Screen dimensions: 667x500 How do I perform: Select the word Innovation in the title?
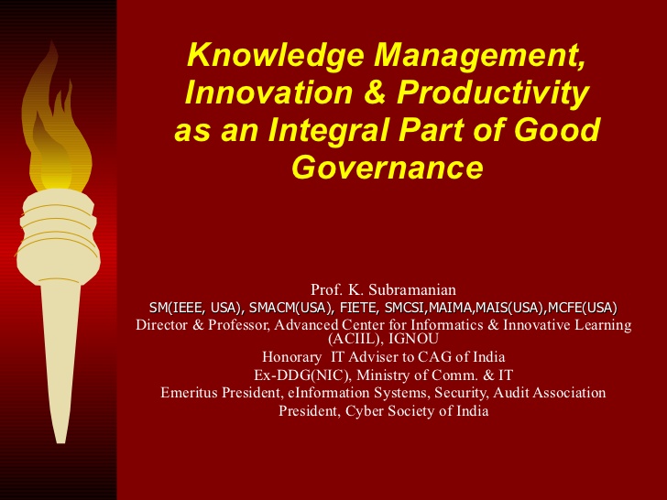point(268,92)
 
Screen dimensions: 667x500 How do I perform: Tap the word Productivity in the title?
point(493,93)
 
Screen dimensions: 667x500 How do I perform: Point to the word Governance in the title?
point(388,167)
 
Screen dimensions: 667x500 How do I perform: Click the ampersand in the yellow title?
point(375,92)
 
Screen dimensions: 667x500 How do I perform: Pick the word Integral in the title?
point(328,131)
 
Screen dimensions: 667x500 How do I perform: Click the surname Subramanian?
point(412,289)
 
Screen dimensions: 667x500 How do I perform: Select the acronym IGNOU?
point(413,339)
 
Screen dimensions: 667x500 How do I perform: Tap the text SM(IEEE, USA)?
point(196,308)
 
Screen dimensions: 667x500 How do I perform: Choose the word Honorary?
point(291,357)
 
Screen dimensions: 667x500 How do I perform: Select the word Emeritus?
point(191,393)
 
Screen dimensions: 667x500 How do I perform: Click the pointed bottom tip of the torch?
point(60,443)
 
